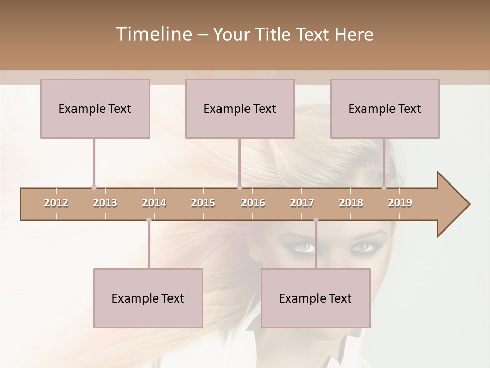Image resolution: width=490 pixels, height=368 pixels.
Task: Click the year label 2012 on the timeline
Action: tap(56, 203)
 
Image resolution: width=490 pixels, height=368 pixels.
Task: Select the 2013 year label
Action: tap(105, 203)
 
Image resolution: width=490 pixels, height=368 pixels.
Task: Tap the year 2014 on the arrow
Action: tap(154, 203)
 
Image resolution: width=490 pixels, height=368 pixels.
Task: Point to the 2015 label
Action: tap(203, 203)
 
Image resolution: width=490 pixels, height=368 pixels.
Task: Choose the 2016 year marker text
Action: tap(253, 203)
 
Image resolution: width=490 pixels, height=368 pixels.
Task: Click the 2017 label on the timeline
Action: tap(302, 203)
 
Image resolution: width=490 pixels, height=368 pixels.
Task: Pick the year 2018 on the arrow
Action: tap(351, 203)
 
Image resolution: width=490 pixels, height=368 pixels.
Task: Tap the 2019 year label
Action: tap(400, 203)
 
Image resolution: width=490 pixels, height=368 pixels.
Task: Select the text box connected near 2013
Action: tap(95, 108)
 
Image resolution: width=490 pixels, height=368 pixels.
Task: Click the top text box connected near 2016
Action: tap(240, 108)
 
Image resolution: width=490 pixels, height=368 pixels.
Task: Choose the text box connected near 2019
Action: tap(385, 108)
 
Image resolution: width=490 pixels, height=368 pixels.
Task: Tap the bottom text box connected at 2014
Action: tap(148, 298)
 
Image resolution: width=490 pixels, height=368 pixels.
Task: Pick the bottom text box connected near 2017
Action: tap(315, 298)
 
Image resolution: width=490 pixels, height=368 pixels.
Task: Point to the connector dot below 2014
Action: tap(149, 220)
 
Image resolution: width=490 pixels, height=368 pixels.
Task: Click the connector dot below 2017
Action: tap(316, 220)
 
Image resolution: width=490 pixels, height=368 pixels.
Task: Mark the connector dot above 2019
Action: tap(384, 187)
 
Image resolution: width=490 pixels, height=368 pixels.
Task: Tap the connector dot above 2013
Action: tap(94, 187)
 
